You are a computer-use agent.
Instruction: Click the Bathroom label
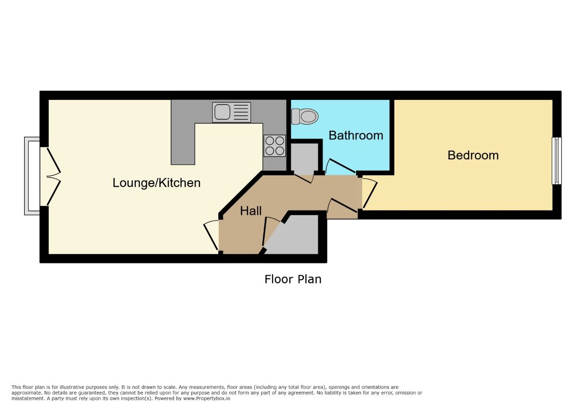click(356, 135)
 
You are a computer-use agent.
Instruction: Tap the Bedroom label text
click(473, 155)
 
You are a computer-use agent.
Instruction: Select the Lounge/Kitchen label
click(157, 183)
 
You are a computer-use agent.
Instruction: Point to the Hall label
click(251, 211)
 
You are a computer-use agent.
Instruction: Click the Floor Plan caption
click(293, 279)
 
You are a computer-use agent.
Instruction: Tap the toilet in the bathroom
click(305, 117)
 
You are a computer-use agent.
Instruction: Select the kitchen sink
click(232, 112)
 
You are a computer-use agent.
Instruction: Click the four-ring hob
click(275, 146)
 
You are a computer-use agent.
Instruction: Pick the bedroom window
click(557, 161)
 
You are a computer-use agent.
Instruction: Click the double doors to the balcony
click(53, 176)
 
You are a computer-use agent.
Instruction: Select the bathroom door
click(340, 167)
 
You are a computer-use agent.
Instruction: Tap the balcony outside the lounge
click(32, 176)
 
